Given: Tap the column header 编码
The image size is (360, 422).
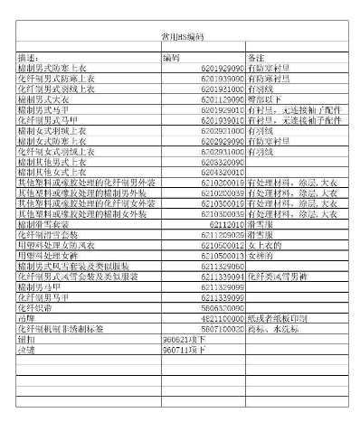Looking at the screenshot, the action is tap(171, 57).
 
